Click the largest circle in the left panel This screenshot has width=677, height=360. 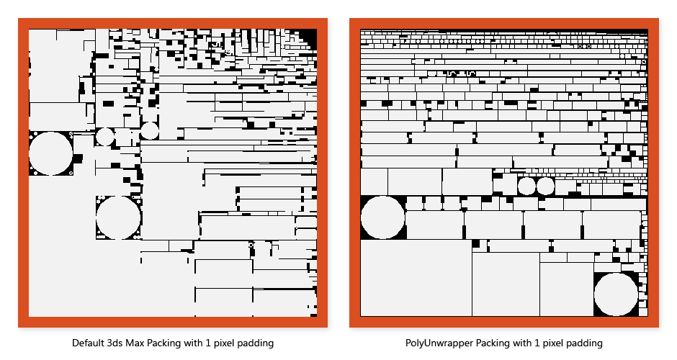[50, 153]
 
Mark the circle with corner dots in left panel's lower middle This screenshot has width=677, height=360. [118, 217]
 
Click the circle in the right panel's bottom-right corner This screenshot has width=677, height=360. [616, 294]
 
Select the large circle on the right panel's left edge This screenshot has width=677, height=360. [382, 217]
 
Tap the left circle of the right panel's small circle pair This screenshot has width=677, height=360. [526, 186]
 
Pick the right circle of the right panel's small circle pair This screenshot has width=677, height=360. [545, 186]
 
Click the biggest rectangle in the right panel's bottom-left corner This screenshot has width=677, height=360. [416, 279]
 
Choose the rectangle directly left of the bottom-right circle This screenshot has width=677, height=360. [567, 289]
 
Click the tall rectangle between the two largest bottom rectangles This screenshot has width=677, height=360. [506, 284]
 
